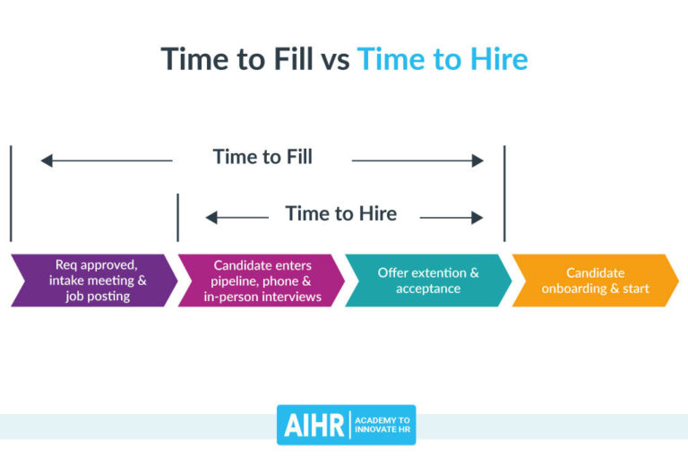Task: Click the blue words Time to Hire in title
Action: point(443,59)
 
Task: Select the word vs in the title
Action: point(335,60)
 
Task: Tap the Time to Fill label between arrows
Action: point(262,157)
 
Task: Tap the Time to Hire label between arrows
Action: point(340,213)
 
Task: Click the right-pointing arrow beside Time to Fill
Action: point(417,161)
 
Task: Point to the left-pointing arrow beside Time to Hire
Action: point(236,217)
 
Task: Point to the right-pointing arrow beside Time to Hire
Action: point(451,217)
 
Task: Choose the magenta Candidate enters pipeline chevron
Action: point(260,280)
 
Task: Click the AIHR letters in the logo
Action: point(314,426)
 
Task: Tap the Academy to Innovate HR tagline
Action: point(383,426)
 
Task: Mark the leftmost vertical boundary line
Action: point(11,193)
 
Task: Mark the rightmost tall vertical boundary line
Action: point(504,193)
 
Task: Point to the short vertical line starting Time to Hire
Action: point(177,217)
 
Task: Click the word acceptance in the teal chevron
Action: point(428,289)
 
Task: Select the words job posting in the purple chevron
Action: point(98,297)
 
